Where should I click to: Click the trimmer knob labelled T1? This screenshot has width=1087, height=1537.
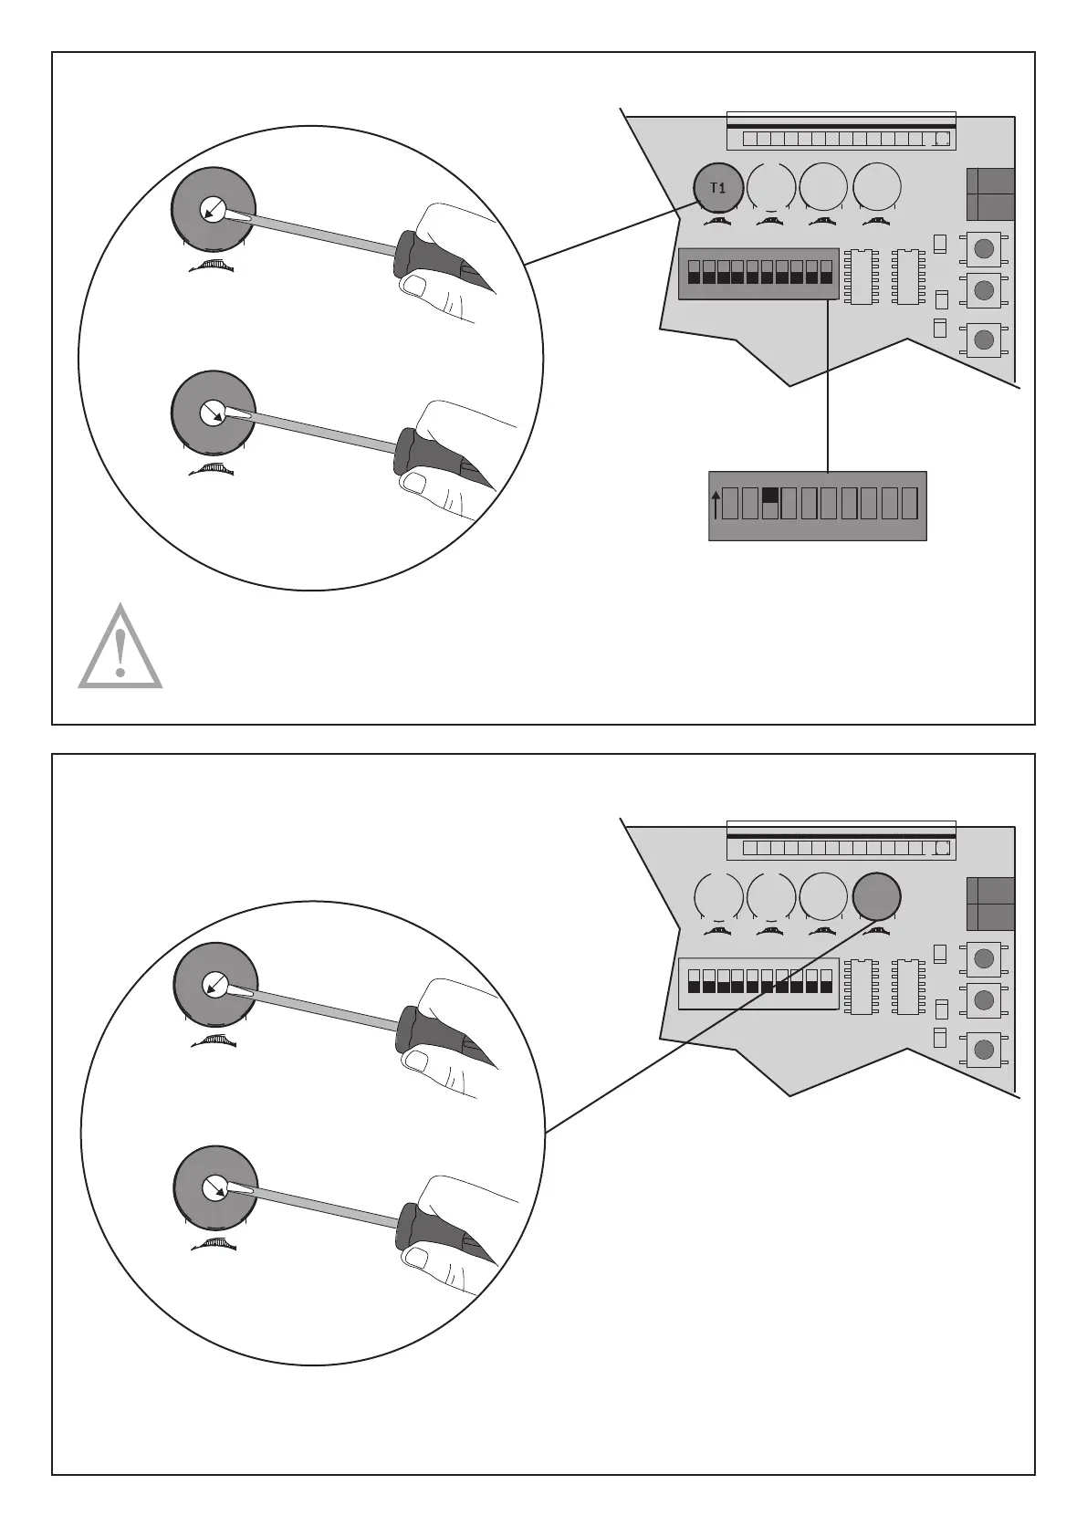[x=717, y=188]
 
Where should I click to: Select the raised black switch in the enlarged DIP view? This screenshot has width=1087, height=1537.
[x=769, y=496]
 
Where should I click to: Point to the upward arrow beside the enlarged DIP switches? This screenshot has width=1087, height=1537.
[x=716, y=505]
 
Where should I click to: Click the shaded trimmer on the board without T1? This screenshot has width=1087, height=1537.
[x=876, y=896]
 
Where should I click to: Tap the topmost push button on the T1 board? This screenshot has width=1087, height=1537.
[x=984, y=248]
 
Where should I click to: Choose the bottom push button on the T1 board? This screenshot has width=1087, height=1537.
[x=984, y=340]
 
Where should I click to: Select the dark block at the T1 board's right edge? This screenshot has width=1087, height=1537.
[x=990, y=193]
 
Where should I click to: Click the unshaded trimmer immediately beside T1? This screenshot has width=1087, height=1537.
[x=770, y=187]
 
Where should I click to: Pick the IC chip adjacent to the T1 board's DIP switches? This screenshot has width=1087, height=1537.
[x=859, y=276]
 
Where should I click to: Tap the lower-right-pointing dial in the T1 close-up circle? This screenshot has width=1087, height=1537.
[x=213, y=413]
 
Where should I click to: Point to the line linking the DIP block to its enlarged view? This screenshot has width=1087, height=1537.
[x=827, y=383]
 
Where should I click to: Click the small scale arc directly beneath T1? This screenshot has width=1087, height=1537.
[x=718, y=222]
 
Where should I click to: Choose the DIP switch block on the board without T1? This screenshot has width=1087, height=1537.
[x=758, y=981]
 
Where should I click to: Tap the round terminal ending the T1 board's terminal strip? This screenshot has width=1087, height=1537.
[x=943, y=140]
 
